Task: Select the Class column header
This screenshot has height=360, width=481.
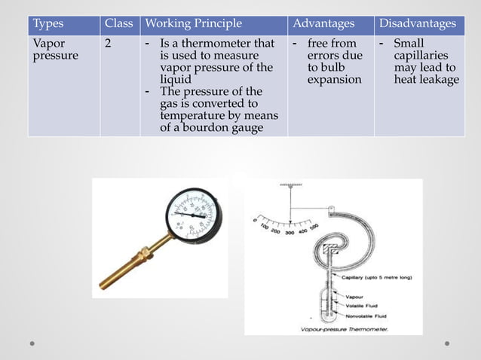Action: [x=118, y=23]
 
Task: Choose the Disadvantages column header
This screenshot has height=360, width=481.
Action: [x=417, y=23]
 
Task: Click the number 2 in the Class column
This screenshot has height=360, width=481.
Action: [x=109, y=44]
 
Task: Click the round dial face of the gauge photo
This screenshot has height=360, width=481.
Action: [x=195, y=212]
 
